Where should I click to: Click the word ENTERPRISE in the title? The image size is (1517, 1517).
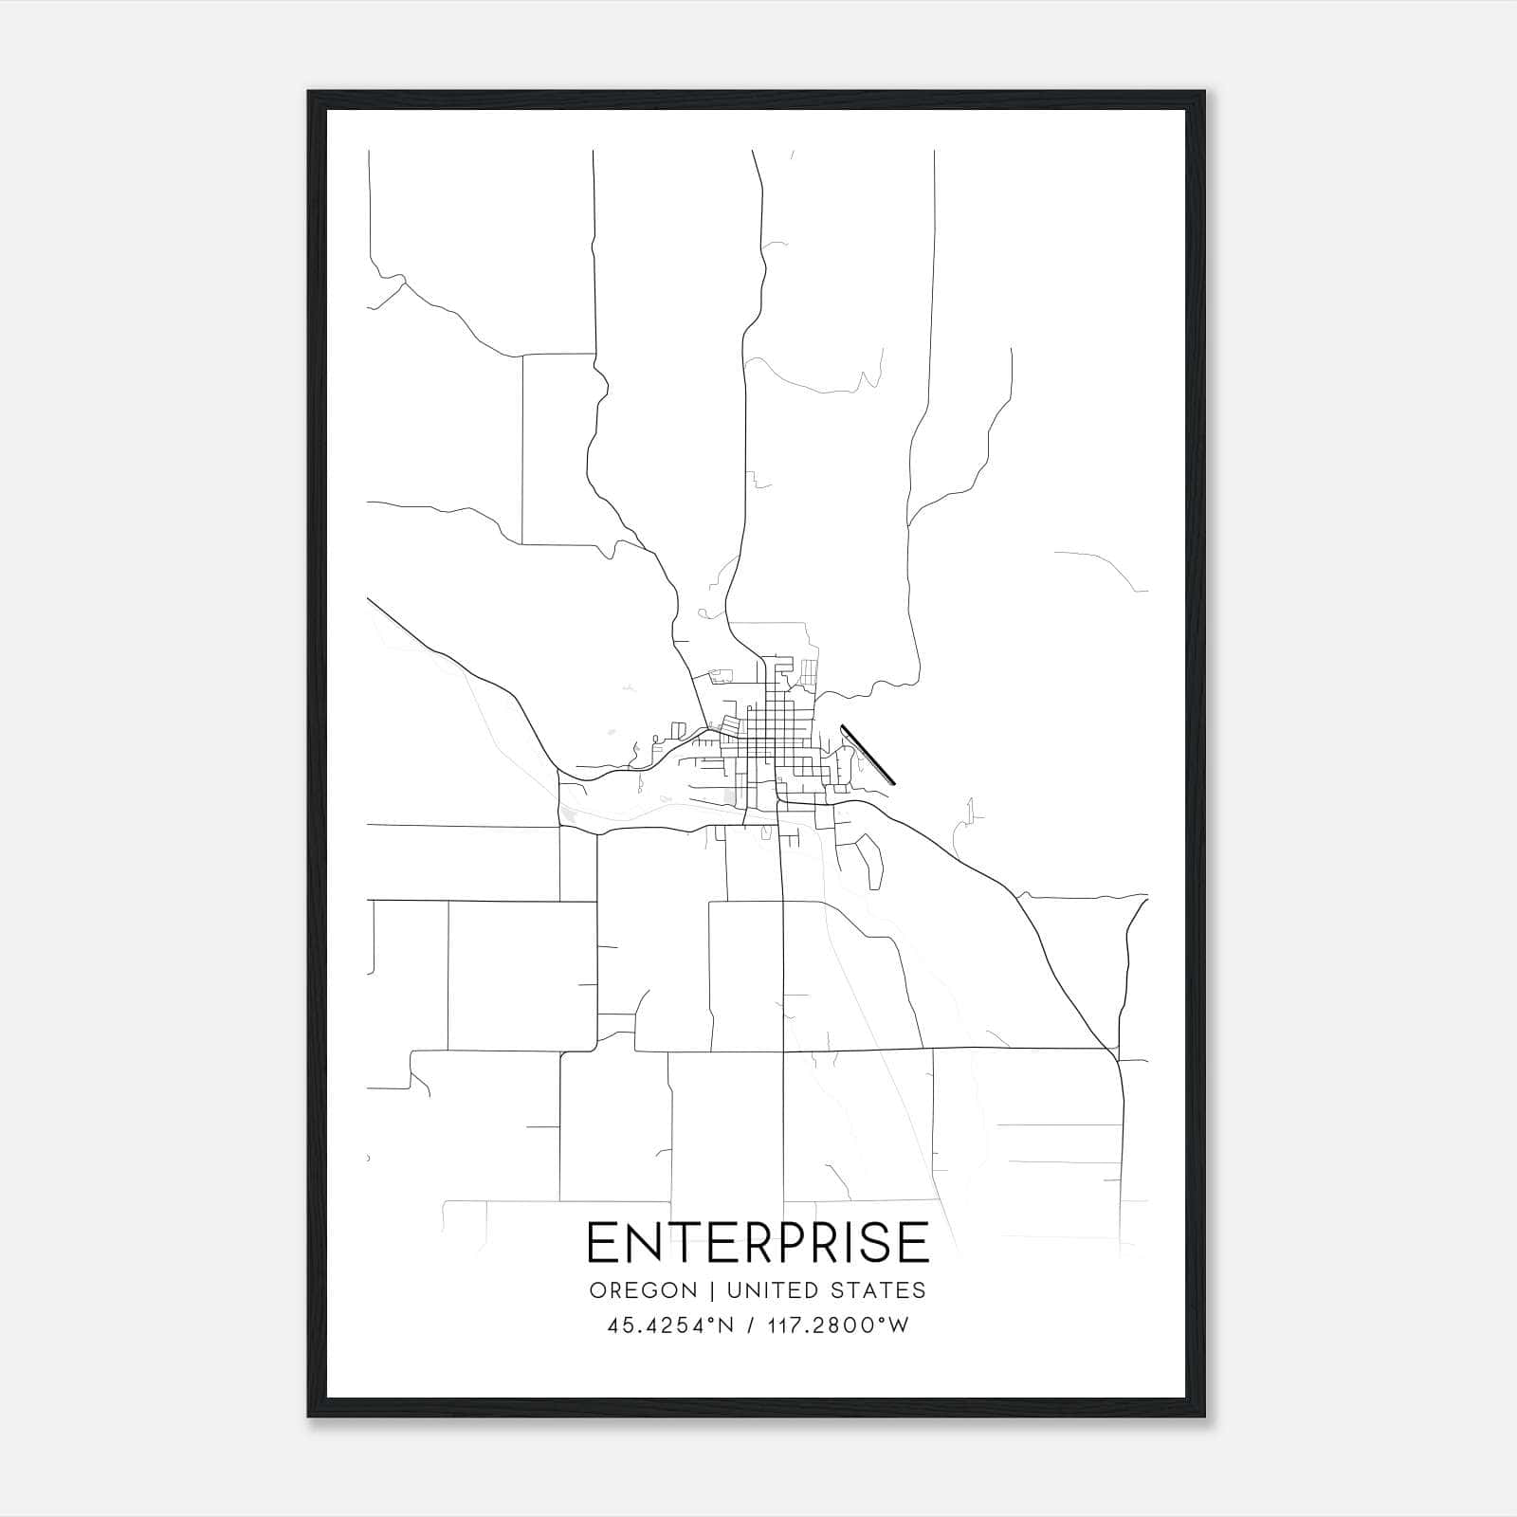point(758,1242)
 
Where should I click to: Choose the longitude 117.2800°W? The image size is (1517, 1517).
point(837,1325)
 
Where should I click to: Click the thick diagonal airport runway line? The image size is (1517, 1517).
point(868,755)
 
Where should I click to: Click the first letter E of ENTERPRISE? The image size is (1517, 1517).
point(600,1242)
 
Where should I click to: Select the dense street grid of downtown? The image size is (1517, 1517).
point(768,740)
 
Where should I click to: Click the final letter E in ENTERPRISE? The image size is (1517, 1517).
point(915,1242)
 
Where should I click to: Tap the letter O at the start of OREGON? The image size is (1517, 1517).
point(598,1290)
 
